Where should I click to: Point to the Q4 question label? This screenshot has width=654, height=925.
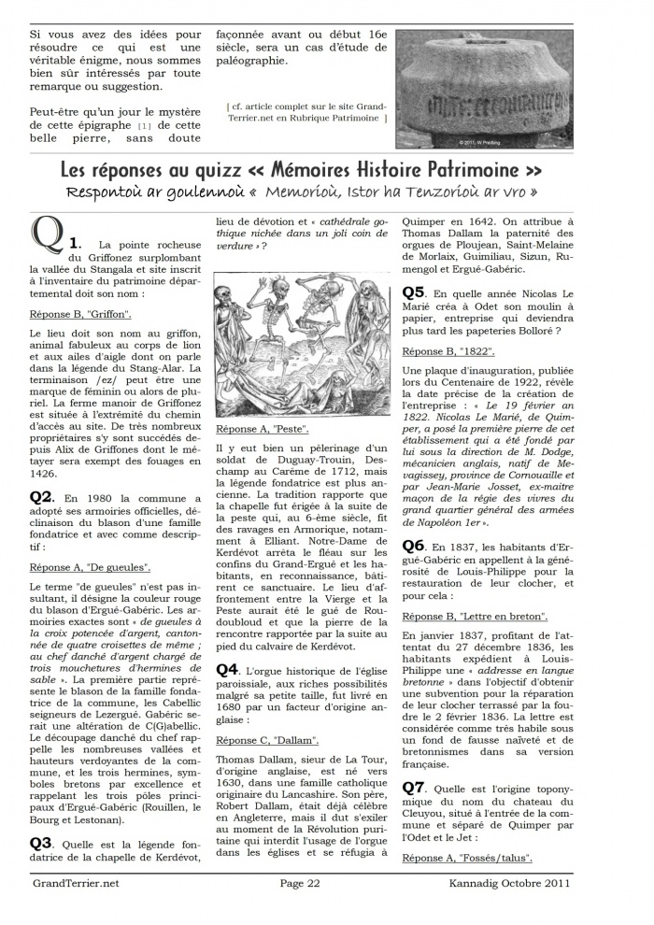tap(227, 669)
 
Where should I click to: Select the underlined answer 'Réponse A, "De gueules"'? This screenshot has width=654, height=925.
tap(90, 567)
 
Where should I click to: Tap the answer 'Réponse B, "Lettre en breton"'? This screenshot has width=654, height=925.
tap(475, 617)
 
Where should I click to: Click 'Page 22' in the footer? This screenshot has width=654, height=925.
tap(301, 882)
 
